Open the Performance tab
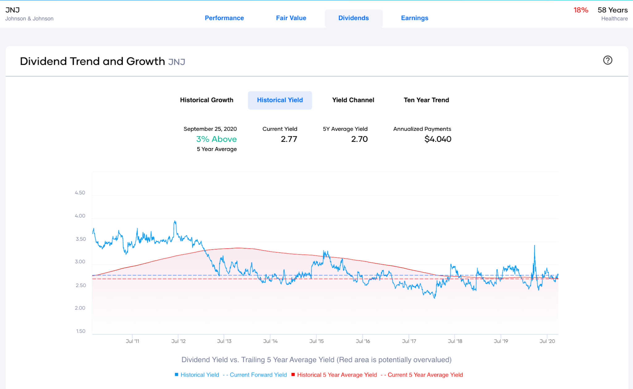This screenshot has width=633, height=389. coord(224,18)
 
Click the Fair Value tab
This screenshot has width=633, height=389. coord(291,18)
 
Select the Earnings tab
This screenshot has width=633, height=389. coord(414,18)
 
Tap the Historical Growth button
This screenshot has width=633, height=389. coord(206,100)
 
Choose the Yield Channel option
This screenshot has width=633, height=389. coord(353,100)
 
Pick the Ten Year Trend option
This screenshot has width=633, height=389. coord(426,100)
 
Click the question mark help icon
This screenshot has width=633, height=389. coord(607,60)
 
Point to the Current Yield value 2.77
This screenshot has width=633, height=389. coord(289,139)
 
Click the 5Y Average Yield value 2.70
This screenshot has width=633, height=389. coord(359,139)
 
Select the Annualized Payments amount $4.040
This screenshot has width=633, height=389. coord(438,139)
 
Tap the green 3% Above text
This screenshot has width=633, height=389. coord(216,139)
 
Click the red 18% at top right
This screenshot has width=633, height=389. coord(581,10)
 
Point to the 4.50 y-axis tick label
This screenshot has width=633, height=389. coord(80,193)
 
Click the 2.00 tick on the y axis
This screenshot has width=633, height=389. coord(80,308)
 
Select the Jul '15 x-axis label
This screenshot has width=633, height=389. coord(316,341)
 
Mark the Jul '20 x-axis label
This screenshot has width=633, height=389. coord(547,341)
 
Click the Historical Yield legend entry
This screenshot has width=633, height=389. coord(199,375)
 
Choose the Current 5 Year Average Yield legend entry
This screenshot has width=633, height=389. coord(425,375)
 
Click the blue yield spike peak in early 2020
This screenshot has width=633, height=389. coord(534,246)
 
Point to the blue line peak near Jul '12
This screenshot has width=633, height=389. coord(175,221)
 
